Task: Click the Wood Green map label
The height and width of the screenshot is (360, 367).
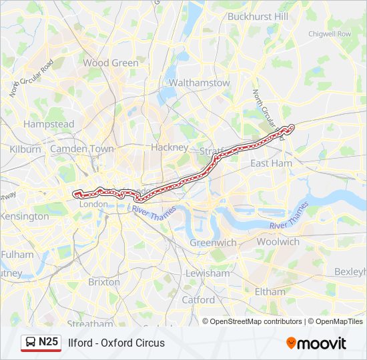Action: [x=111, y=63]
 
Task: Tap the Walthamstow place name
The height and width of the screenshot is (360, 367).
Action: [x=200, y=83]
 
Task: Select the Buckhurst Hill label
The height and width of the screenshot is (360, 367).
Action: [x=258, y=16]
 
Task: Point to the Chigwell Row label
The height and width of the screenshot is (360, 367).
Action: [x=329, y=33]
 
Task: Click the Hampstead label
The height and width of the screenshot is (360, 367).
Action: [x=49, y=124]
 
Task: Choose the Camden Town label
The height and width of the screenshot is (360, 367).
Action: [x=82, y=149]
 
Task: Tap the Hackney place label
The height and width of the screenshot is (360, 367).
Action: [x=170, y=147]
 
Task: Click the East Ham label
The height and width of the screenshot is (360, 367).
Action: [x=271, y=163]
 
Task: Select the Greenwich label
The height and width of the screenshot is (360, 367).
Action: [x=213, y=243]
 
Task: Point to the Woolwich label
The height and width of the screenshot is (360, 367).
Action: [x=278, y=241]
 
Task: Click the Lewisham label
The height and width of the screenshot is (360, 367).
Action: [x=208, y=273]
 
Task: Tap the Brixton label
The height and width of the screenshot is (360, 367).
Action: [x=103, y=282]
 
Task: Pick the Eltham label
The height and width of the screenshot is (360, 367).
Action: [x=270, y=291]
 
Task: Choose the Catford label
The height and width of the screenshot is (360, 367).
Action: [x=198, y=300]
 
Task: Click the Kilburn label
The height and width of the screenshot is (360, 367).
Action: [x=25, y=149]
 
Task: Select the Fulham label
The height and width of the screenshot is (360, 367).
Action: [x=17, y=255]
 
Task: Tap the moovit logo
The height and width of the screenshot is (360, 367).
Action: [x=316, y=343]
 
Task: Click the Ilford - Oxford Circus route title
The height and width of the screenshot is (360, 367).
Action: [x=116, y=343]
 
